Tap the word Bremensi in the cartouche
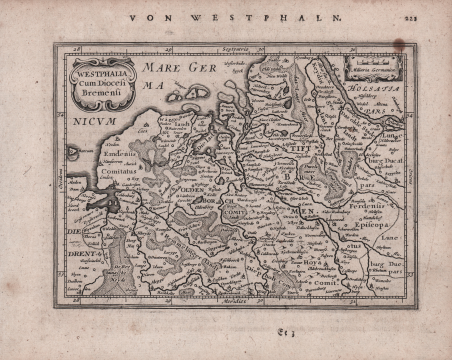pyautogui.click(x=104, y=90)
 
